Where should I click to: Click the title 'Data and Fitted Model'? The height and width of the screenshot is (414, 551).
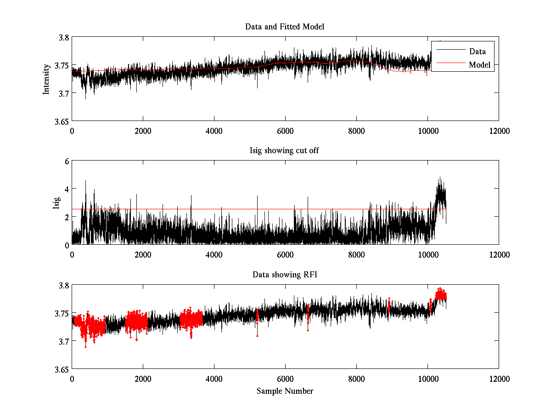pyautogui.click(x=285, y=27)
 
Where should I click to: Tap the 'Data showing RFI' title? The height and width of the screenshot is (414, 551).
pyautogui.click(x=285, y=275)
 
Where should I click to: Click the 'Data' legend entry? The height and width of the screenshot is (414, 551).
pyautogui.click(x=477, y=52)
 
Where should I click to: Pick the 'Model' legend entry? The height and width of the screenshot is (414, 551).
pyautogui.click(x=479, y=65)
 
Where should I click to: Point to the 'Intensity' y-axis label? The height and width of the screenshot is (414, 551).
pyautogui.click(x=46, y=79)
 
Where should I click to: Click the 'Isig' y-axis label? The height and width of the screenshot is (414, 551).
pyautogui.click(x=56, y=203)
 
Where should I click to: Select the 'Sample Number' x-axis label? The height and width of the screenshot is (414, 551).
pyautogui.click(x=285, y=391)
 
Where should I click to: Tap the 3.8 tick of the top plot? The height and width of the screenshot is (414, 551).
pyautogui.click(x=63, y=38)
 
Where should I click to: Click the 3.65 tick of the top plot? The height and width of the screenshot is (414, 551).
pyautogui.click(x=62, y=121)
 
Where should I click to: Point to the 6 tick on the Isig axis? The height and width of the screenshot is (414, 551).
pyautogui.click(x=66, y=161)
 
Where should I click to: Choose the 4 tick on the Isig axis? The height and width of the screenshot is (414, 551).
pyautogui.click(x=66, y=189)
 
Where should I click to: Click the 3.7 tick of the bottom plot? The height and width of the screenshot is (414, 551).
pyautogui.click(x=63, y=341)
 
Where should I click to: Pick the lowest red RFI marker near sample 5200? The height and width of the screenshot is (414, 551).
pyautogui.click(x=257, y=336)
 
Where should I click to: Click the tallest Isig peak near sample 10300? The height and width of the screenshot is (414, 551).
pyautogui.click(x=439, y=178)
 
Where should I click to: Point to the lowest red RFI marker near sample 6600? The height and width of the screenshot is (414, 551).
pyautogui.click(x=308, y=330)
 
